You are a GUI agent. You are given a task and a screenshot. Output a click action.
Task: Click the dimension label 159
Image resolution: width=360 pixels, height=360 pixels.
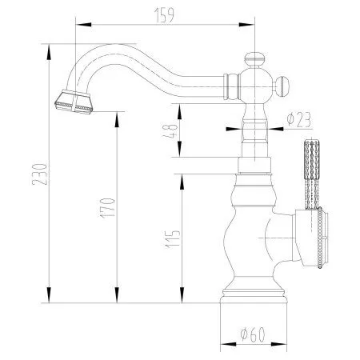tap(164, 15)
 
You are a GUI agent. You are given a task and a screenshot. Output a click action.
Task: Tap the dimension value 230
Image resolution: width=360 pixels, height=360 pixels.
tap(40, 174)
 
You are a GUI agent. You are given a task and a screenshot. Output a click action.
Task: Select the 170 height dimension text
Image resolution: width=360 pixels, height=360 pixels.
tap(108, 208)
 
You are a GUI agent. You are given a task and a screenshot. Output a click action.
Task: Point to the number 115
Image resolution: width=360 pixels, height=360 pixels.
tap(173, 239)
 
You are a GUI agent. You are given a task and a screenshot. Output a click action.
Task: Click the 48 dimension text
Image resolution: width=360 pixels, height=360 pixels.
tap(170, 131)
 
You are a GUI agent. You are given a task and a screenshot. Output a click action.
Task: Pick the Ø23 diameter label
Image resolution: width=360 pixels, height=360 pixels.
tap(298, 120)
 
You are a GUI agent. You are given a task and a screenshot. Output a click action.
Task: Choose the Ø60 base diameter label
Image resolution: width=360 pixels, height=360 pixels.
tap(253, 334)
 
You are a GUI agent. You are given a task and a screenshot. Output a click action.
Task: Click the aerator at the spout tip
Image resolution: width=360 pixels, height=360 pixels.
tap(74, 102)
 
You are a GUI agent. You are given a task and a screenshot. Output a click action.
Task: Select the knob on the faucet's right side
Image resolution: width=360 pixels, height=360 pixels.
tap(282, 86)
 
